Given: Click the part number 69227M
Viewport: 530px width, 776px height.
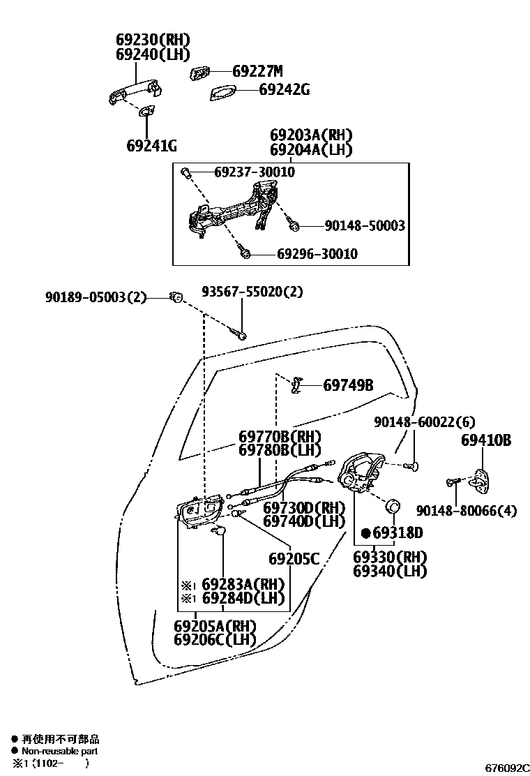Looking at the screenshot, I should (257, 71).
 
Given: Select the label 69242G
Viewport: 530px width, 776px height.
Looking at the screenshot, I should (284, 89).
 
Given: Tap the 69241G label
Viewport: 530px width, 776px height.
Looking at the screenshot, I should (151, 146).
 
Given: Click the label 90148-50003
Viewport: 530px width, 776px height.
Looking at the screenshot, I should (365, 225).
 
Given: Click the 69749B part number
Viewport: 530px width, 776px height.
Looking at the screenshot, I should (348, 385).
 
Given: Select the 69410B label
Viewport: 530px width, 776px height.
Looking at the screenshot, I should (486, 441).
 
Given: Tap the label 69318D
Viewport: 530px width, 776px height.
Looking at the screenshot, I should (397, 534).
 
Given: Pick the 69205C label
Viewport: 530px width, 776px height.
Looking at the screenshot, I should (294, 558).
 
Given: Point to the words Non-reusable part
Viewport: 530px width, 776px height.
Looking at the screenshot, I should (59, 751).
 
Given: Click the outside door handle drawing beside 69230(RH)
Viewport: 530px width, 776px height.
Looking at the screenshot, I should (134, 91).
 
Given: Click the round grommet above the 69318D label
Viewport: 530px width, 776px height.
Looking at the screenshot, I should (393, 506).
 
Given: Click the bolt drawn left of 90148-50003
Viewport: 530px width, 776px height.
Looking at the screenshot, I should (294, 225).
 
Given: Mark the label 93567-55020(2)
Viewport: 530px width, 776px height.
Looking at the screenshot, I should (252, 292).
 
